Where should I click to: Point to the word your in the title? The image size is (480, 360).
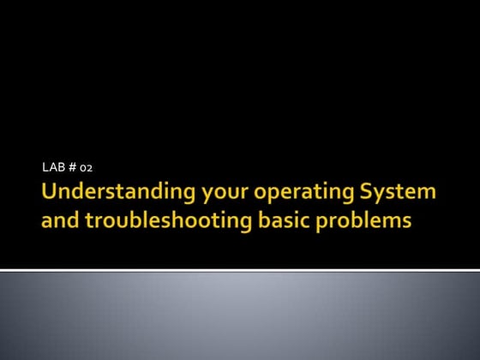(x=203, y=193)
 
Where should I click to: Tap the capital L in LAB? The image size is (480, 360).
(x=45, y=165)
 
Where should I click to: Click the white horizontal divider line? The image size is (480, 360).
(x=240, y=270)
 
